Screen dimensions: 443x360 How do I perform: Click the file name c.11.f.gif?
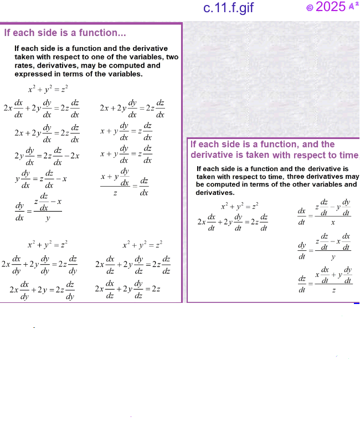229,8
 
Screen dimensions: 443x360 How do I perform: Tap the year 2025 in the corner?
331,7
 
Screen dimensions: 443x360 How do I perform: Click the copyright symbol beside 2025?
310,8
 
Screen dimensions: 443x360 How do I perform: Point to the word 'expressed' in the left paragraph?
36,74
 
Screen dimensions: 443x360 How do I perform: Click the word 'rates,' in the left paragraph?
27,65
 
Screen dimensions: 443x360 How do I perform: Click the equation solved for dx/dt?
325,212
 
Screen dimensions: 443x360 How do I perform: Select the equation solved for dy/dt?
325,246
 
